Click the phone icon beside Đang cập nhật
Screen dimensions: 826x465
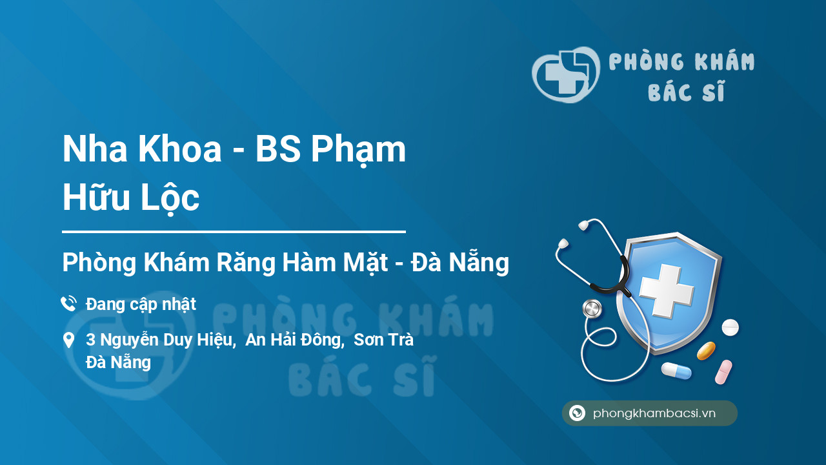point(69,304)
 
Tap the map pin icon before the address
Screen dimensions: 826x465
point(68,340)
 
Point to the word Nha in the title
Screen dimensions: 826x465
point(95,149)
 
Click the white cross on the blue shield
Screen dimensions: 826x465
point(667,290)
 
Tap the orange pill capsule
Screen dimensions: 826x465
point(706,351)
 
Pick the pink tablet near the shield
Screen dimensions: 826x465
point(723,372)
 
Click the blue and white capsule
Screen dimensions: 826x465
point(676,371)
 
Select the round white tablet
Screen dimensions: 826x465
point(730,327)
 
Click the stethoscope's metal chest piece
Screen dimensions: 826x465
point(592,309)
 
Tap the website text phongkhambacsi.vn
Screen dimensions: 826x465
point(654,413)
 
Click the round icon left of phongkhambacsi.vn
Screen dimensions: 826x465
point(577,413)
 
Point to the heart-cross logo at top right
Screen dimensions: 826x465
point(565,74)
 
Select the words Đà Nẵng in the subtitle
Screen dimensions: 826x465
point(460,262)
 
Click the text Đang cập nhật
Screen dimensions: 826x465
point(141,304)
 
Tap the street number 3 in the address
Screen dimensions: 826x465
point(90,340)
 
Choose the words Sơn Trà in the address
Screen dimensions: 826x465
point(383,340)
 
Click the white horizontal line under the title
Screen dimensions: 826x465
point(234,232)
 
